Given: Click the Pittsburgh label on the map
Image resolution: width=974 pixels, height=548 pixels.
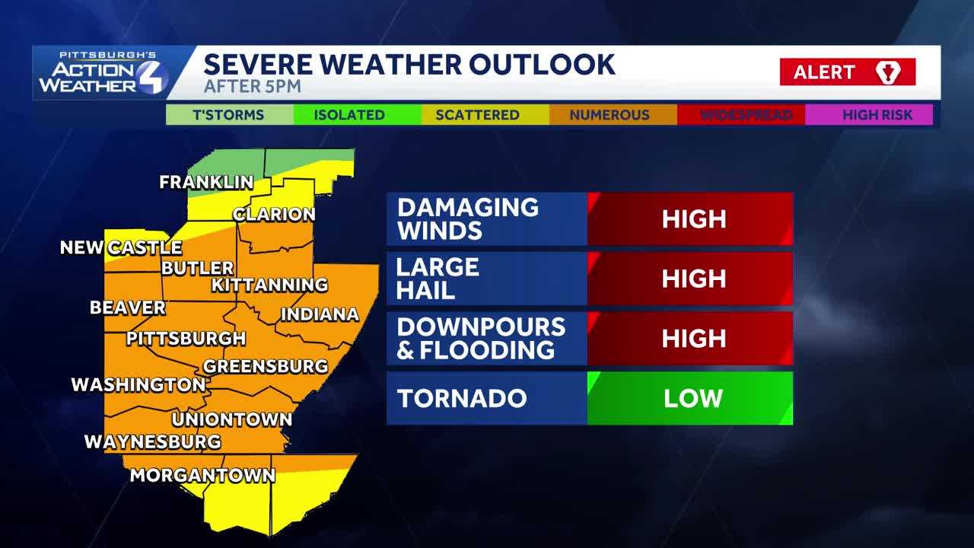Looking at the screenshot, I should point(186,339).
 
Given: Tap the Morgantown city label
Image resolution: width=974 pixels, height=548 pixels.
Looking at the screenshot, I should point(202,476).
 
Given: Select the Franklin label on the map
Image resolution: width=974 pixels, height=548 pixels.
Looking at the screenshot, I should point(206,183).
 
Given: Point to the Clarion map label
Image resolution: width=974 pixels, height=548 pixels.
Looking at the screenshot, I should point(274,215).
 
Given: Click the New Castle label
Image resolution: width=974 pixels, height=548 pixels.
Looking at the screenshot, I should point(121,248).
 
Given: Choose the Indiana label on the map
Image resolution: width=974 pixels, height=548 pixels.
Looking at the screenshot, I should point(320,314).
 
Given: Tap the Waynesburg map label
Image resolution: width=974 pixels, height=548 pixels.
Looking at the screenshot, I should point(152,442).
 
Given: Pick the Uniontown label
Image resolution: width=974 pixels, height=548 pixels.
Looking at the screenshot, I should point(232,419).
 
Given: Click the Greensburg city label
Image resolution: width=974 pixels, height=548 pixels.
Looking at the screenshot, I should point(266,366).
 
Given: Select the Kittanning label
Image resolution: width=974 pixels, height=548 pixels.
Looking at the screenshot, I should point(269,285).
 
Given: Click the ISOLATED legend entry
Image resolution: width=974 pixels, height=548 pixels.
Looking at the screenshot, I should point(349,115).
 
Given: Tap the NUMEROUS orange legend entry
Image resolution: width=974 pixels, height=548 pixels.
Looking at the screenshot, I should point(610,115).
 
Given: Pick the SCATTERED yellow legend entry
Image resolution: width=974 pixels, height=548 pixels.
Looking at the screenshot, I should point(477,115).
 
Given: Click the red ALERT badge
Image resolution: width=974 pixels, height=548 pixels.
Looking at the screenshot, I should point(847,72).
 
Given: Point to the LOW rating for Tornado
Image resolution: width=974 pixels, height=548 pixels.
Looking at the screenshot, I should point(692,398).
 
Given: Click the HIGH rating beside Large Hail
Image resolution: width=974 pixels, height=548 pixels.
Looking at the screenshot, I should point(692,279).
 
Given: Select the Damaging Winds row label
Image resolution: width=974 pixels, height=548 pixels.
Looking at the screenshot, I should point(467,219).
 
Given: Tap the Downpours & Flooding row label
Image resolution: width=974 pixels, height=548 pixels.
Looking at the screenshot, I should point(481,338).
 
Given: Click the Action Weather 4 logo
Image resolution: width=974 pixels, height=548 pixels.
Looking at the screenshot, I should point(103,73).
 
